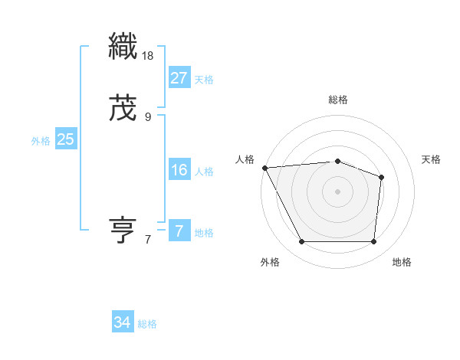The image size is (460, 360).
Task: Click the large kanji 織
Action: click(x=123, y=47)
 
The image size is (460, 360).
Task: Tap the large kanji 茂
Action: click(x=123, y=108)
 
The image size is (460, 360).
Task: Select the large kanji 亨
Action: click(x=123, y=231)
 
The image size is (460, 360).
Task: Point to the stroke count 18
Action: click(x=149, y=56)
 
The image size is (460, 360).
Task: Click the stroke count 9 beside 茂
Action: click(x=148, y=117)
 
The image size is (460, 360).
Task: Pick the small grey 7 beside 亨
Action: click(x=148, y=240)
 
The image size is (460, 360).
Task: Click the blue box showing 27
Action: click(x=179, y=77)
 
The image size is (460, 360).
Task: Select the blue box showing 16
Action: click(x=179, y=169)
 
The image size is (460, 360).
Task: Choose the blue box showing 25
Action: click(x=65, y=139)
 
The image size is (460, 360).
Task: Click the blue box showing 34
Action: click(x=122, y=322)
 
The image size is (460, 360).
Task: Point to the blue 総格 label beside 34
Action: click(x=147, y=324)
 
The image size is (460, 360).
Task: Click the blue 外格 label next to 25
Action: click(x=41, y=141)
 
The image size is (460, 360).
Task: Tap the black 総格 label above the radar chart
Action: click(x=337, y=100)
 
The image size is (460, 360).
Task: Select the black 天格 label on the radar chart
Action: click(x=432, y=159)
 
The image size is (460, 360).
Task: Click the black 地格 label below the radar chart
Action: click(x=402, y=262)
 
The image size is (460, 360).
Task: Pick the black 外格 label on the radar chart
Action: click(x=270, y=262)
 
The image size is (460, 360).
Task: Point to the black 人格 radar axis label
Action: click(x=245, y=159)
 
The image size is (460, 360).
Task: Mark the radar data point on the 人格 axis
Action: click(x=264, y=168)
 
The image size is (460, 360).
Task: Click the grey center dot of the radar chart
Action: click(x=337, y=191)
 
